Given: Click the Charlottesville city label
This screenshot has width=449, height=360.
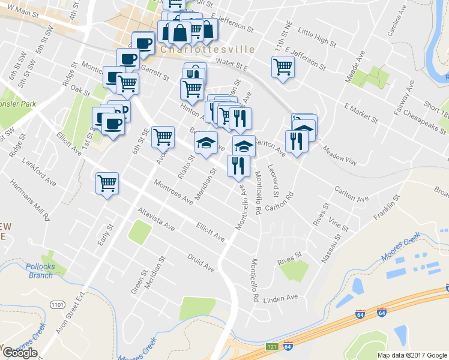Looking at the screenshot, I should [x=207, y=49].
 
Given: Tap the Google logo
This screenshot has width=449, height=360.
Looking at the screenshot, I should [x=20, y=353].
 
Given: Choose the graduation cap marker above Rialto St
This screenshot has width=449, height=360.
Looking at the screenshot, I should [x=206, y=143].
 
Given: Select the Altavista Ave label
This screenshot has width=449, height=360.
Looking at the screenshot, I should [x=155, y=220].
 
